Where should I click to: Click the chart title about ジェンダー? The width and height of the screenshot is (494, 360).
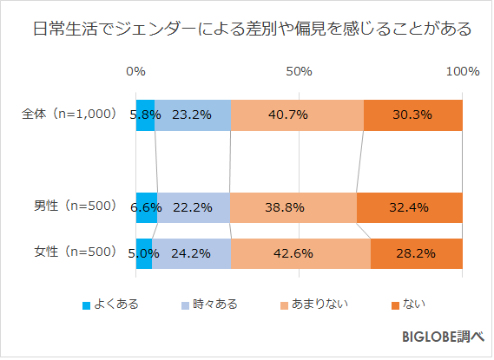tap(247, 29)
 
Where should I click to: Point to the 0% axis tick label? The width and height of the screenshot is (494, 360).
tap(135, 72)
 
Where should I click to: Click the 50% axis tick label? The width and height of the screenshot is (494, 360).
tap(299, 72)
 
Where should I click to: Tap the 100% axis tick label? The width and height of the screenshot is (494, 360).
tap(461, 72)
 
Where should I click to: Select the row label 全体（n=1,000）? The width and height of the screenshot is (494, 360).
tap(69, 114)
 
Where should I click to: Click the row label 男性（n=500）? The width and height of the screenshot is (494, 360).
tap(75, 206)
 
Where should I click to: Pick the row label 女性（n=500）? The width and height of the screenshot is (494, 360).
tap(75, 252)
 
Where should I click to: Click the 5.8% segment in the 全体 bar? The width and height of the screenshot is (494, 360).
tap(145, 115)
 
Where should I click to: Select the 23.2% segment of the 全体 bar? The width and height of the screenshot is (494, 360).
tap(193, 115)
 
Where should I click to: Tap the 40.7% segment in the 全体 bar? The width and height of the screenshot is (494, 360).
tap(297, 115)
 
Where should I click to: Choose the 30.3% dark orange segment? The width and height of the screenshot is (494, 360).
tap(412, 115)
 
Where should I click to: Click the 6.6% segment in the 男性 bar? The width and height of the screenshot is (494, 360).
tap(146, 207)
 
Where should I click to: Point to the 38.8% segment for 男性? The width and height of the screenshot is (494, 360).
tap(293, 207)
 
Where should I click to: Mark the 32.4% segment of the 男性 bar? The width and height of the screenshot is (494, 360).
tap(409, 207)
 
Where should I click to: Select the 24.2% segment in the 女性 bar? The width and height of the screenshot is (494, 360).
tap(191, 253)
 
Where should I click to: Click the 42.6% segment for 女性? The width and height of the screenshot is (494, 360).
tap(300, 253)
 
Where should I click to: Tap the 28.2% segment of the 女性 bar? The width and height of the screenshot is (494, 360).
tap(416, 253)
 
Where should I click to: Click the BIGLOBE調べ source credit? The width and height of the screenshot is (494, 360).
tap(441, 337)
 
